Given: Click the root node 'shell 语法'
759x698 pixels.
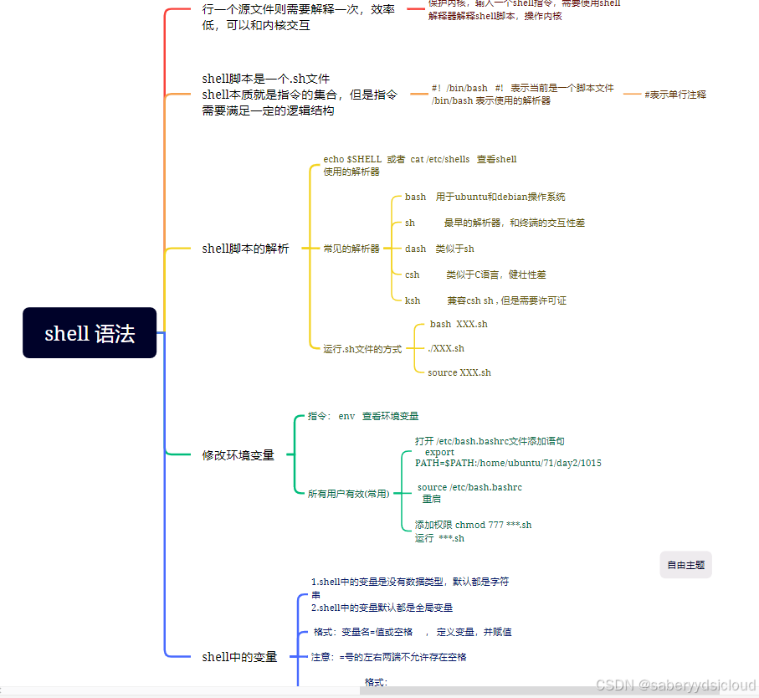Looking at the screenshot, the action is (90, 333).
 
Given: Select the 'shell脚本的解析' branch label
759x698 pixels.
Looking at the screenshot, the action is (245, 249).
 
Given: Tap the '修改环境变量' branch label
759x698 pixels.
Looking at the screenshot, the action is (238, 455).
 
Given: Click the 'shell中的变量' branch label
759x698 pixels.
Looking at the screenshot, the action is (239, 657).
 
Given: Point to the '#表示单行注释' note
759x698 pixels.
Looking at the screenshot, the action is (674, 95).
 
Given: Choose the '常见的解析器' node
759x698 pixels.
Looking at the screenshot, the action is (351, 249).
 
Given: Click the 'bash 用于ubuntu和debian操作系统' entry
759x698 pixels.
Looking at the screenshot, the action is (485, 198).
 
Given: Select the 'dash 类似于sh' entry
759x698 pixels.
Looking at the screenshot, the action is (439, 249).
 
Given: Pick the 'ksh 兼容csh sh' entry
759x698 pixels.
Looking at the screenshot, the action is (485, 300).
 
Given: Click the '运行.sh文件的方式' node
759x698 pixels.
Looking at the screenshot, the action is (362, 349).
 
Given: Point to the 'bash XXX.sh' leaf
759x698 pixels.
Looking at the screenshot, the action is (458, 324).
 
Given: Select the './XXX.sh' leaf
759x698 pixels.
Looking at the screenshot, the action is (445, 348).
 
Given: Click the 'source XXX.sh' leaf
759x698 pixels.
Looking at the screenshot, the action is (459, 372).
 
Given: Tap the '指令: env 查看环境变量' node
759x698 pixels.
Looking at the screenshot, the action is (363, 416).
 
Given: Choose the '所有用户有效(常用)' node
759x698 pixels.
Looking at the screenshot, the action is (348, 494).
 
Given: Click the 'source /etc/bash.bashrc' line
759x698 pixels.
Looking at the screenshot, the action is (469, 487).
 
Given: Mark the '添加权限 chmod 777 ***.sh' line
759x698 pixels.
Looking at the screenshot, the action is (473, 525).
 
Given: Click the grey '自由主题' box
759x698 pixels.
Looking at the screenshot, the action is (685, 565).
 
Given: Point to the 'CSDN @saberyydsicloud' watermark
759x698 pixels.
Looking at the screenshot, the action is (675, 685).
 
